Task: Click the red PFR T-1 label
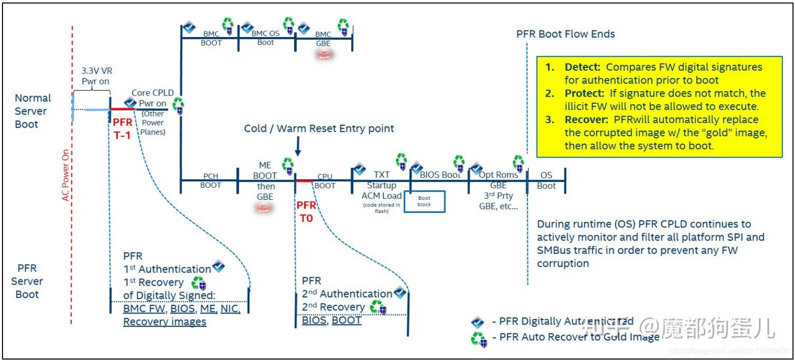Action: pos(122,129)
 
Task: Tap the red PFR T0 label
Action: pos(306,212)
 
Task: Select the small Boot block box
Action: pos(424,201)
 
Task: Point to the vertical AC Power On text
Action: pos(66,175)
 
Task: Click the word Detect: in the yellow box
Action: pos(582,67)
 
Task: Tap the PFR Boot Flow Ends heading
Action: pos(566,34)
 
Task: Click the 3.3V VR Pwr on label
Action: pos(96,76)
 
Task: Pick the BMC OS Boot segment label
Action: pos(266,38)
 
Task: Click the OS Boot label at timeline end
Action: pos(546,180)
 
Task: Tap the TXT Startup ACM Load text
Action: pos(382,185)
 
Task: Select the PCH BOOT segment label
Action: pos(210,181)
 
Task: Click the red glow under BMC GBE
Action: pos(323,55)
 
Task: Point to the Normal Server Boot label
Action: pos(33,111)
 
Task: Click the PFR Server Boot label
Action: pos(27,281)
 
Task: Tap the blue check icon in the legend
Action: pos(478,322)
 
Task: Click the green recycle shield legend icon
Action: pos(478,339)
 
